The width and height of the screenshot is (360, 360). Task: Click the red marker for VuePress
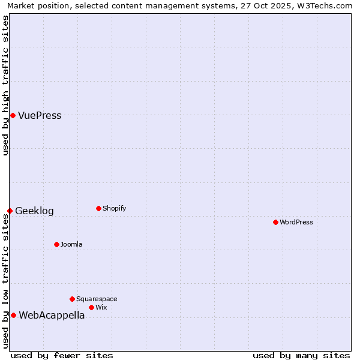13,115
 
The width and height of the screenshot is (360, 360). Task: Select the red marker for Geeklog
10,211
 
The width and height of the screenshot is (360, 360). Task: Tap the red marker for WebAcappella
13,315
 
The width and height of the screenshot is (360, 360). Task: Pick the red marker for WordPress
275,222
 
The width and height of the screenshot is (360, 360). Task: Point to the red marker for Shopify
98,208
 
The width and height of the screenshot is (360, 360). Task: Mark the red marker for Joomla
56,244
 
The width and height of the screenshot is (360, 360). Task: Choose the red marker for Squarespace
72,299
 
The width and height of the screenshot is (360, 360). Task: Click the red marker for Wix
91,307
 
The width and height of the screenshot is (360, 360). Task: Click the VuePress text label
40,116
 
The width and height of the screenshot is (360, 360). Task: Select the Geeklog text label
34,211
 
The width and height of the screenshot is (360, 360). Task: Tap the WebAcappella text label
52,316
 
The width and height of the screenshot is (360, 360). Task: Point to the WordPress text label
296,223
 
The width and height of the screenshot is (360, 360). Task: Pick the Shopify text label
114,209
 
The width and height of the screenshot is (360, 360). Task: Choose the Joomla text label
71,245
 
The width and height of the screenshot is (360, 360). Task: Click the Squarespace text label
97,299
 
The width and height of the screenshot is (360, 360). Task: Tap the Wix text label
101,308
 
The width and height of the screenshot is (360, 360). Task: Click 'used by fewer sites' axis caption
62,355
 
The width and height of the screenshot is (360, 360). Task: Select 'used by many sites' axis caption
301,355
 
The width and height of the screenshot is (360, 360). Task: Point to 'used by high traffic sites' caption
6,85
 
